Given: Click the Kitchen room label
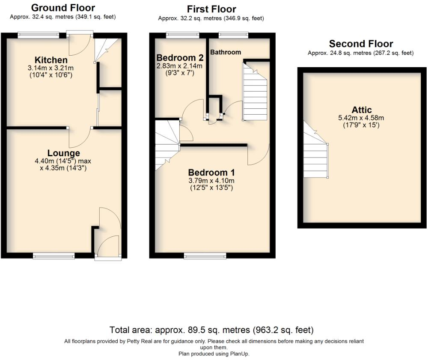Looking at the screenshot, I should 51,60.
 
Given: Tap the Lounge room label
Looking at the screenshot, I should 63,153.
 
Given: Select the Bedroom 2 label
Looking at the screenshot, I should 180,58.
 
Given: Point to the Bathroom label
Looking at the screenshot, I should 225,52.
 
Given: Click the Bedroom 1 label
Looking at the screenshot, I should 211,173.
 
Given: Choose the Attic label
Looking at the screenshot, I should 362,110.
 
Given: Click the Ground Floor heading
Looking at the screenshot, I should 63,8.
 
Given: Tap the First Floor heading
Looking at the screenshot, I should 211,9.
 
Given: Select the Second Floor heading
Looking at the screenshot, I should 361,44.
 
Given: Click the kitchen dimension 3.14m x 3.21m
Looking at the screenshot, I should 51,68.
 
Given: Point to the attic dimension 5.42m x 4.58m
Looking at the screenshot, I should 362,118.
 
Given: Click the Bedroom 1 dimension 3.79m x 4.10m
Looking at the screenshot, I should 211,181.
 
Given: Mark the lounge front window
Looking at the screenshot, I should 54,256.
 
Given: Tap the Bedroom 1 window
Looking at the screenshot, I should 205,256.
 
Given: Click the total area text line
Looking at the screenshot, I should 211,330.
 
